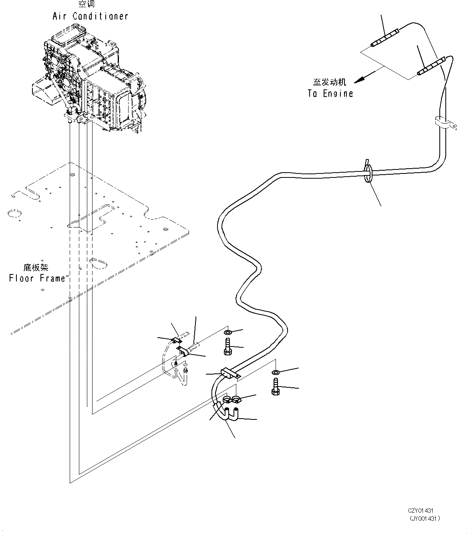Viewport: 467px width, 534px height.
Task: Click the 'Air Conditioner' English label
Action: pyautogui.click(x=90, y=16)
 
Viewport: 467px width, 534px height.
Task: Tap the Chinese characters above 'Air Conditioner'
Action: pyautogui.click(x=87, y=5)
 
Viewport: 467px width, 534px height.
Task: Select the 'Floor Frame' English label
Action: pyautogui.click(x=37, y=278)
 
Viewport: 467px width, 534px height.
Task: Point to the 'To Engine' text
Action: pyautogui.click(x=330, y=93)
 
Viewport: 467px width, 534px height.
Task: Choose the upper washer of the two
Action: pyautogui.click(x=227, y=332)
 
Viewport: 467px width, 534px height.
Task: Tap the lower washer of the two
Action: pyautogui.click(x=275, y=373)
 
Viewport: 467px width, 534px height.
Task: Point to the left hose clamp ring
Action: pyautogui.click(x=227, y=399)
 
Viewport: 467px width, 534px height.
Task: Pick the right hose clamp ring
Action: pyautogui.click(x=236, y=399)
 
